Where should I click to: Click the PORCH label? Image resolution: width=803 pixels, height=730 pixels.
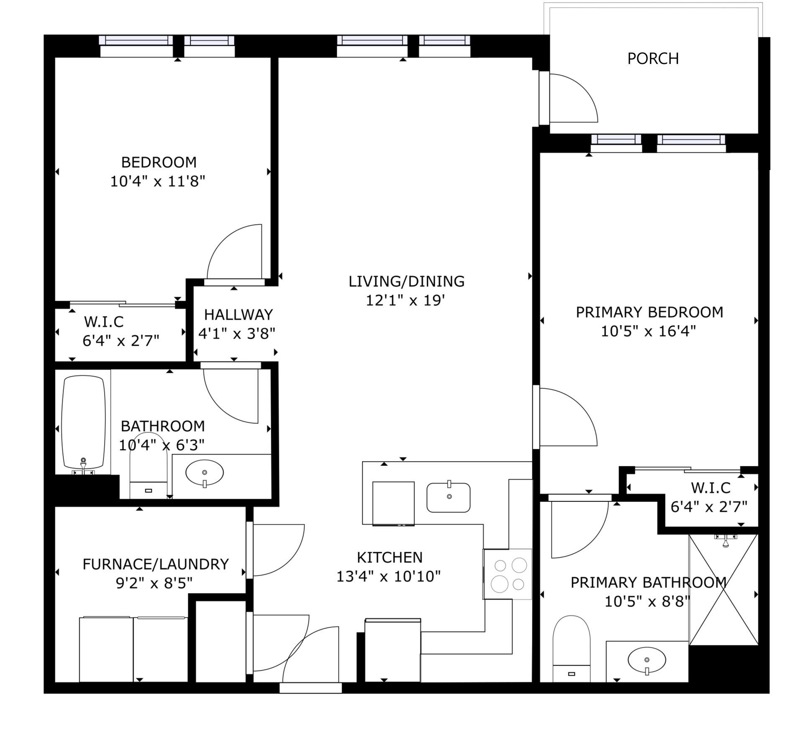653,59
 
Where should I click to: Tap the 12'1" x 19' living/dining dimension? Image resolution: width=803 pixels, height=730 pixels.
405,301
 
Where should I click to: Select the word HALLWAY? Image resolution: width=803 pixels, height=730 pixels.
238,314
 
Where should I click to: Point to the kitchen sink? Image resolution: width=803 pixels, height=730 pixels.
448,497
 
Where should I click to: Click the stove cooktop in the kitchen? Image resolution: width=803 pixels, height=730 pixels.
508,574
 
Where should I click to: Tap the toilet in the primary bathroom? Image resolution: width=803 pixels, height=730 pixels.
571,648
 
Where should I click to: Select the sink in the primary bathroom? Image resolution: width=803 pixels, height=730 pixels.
647,661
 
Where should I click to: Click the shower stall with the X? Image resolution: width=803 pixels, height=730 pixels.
724,590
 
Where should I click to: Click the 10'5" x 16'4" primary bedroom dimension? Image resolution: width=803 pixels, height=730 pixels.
648,332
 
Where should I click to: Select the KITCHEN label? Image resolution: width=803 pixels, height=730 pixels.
390,557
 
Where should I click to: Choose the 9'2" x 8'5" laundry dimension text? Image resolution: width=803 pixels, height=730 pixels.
154,583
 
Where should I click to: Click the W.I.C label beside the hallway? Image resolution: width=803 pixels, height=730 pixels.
104,322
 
